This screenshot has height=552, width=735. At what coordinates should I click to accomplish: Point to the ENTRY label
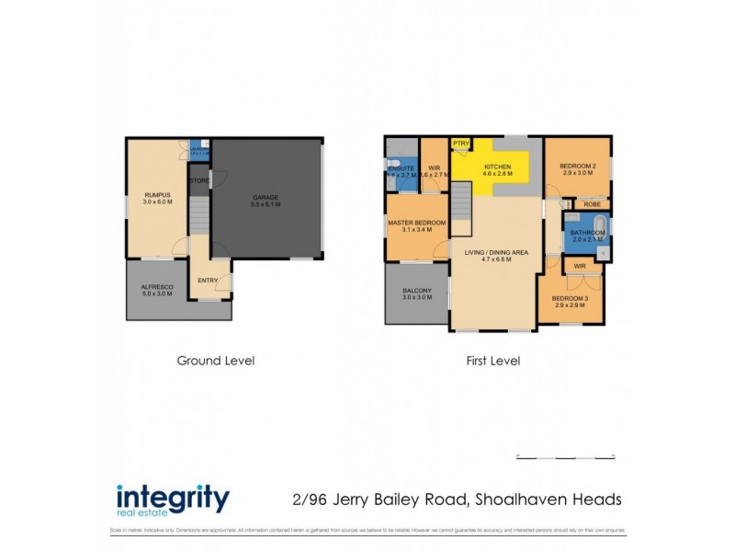click(208, 280)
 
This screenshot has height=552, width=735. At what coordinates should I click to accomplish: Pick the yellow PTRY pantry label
click(461, 144)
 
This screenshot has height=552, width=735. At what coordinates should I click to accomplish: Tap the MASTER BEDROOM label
click(416, 224)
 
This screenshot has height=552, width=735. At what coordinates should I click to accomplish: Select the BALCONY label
click(416, 293)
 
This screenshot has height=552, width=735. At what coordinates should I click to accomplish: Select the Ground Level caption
click(215, 361)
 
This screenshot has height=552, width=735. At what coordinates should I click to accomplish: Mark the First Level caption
click(492, 361)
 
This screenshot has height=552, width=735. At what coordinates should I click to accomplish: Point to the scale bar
click(564, 455)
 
